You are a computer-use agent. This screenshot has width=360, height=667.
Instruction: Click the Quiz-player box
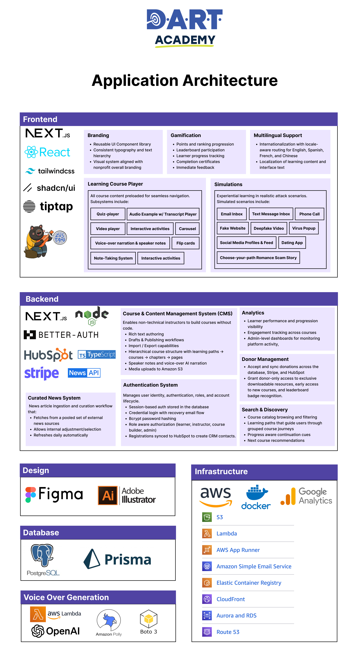tap(108, 214)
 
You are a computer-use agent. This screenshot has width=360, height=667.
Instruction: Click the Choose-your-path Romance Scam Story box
tap(258, 258)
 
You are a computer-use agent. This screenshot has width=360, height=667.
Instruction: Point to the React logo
tap(47, 152)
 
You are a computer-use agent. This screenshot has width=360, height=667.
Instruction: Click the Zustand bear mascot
tap(39, 241)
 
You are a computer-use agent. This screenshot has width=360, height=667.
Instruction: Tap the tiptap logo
tap(48, 206)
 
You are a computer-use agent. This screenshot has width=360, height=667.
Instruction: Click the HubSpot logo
tap(48, 355)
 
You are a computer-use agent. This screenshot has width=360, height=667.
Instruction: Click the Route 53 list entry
tap(228, 632)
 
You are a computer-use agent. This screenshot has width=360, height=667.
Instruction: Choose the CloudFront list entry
tap(230, 599)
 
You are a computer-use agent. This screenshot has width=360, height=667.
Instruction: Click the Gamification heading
tap(186, 135)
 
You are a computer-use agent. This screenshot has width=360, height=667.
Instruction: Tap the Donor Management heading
tap(265, 359)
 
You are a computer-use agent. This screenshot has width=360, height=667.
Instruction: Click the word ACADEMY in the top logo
tap(185, 40)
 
